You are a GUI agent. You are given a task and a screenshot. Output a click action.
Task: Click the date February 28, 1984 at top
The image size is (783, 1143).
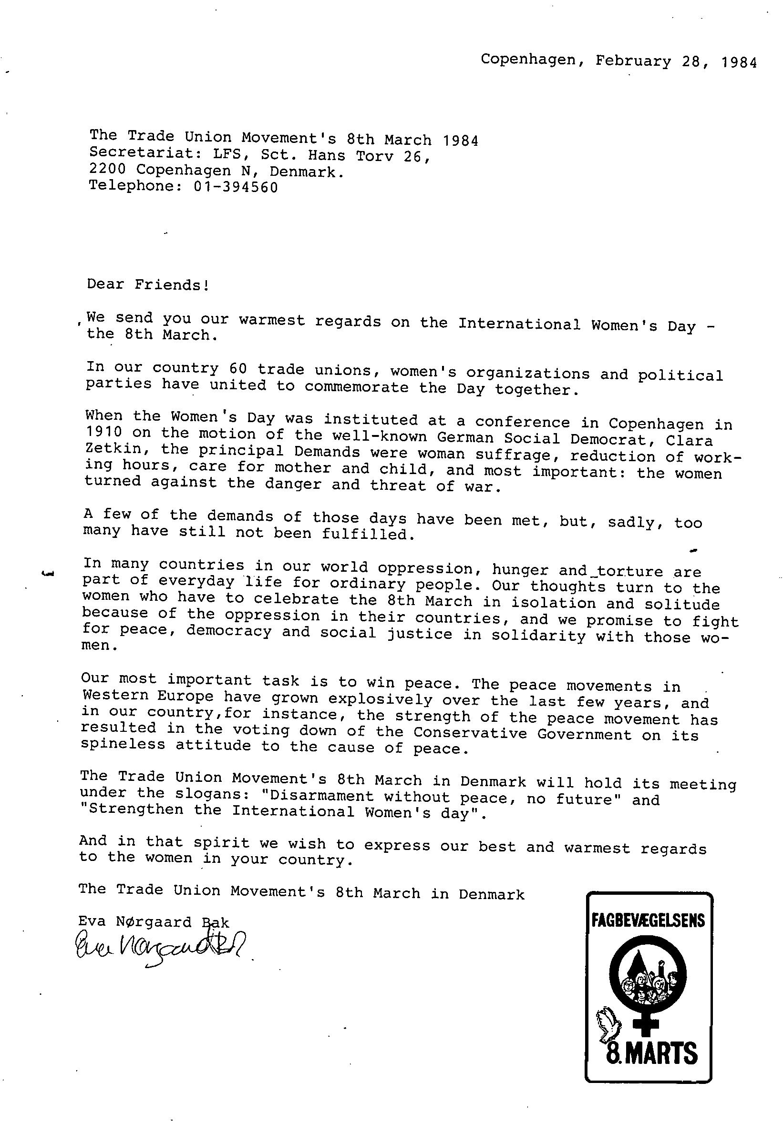coord(676,61)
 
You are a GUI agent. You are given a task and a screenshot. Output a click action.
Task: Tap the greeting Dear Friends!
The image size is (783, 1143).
coord(148,284)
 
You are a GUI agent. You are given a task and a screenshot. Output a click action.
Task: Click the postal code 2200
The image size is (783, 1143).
coord(107,170)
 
